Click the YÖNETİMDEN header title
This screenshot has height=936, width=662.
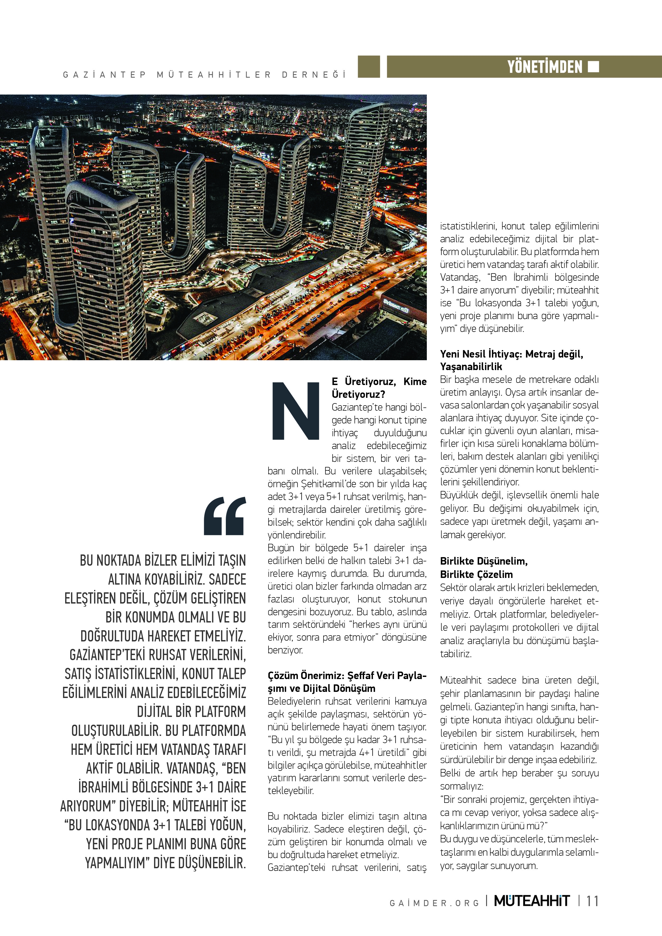545,67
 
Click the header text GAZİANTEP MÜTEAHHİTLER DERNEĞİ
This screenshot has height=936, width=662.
204,75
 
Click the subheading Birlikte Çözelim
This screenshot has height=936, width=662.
476,574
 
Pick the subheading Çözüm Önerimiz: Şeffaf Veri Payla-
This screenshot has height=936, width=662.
347,676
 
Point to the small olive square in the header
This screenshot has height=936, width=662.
369,67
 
